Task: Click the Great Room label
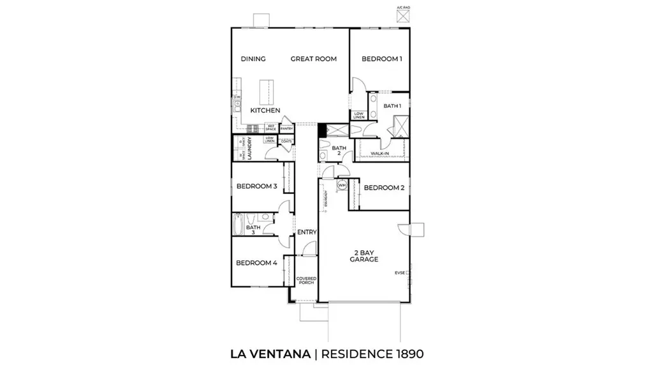pyautogui.click(x=313, y=59)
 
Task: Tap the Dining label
pyautogui.click(x=253, y=59)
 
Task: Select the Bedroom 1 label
pyautogui.click(x=382, y=59)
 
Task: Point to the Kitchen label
pyautogui.click(x=265, y=110)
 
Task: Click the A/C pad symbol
pyautogui.click(x=402, y=17)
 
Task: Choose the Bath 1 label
pyautogui.click(x=392, y=105)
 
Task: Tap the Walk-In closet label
pyautogui.click(x=380, y=154)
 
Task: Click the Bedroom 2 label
pyautogui.click(x=384, y=188)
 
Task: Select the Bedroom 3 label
pyautogui.click(x=256, y=187)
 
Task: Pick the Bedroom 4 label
pyautogui.click(x=256, y=262)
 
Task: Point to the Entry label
pyautogui.click(x=307, y=232)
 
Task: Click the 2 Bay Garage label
pyautogui.click(x=364, y=257)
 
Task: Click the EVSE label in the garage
pyautogui.click(x=400, y=273)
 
